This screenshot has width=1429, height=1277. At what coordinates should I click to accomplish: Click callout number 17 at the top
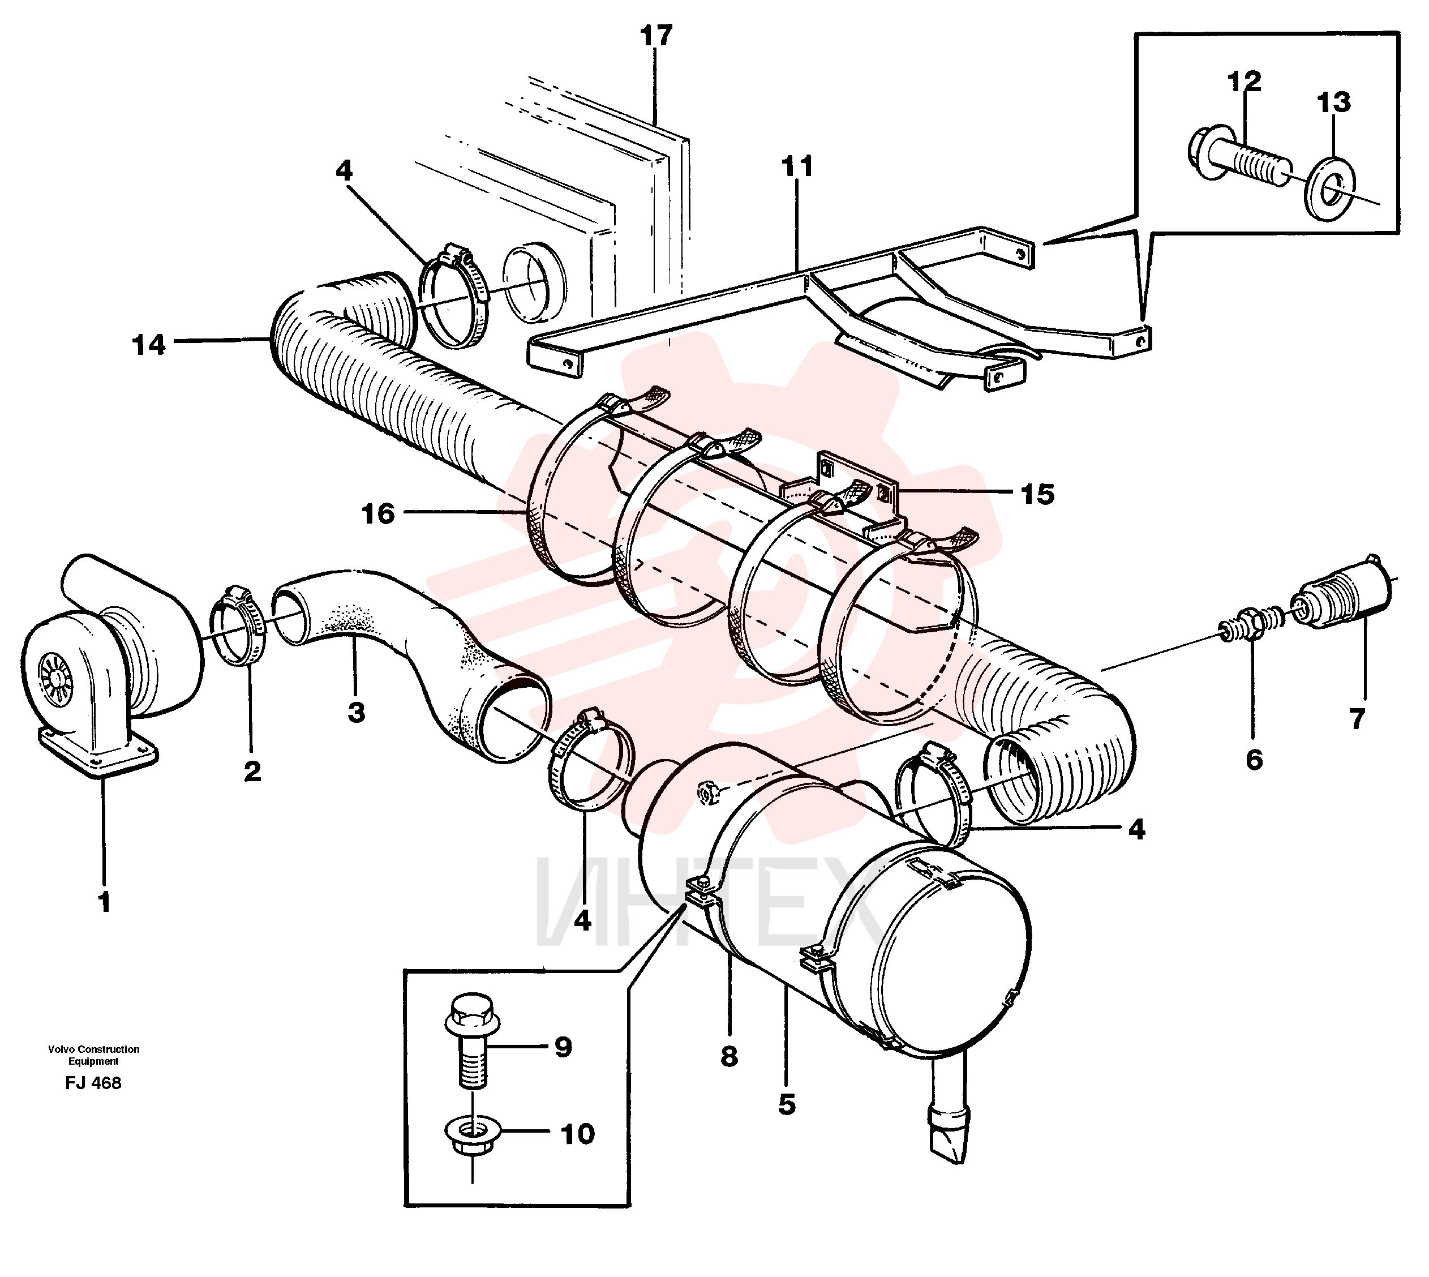click(656, 35)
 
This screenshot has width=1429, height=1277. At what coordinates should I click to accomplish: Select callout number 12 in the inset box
click(1244, 82)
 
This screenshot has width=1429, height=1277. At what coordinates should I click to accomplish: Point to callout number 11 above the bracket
click(797, 167)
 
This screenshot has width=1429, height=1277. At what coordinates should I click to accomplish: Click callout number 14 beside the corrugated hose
click(149, 345)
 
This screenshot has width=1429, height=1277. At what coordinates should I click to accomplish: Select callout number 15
click(1037, 495)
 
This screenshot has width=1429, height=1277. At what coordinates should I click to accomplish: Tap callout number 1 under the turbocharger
click(105, 902)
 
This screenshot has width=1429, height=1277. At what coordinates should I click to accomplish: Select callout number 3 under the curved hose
click(357, 713)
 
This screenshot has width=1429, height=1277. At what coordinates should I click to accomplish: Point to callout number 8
click(729, 1057)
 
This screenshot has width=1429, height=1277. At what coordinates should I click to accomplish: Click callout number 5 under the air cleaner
click(787, 1104)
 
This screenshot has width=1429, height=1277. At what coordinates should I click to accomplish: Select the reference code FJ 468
click(93, 1083)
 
